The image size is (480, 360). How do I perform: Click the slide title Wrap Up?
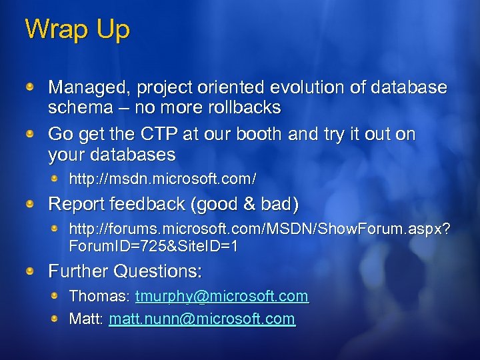tap(77, 30)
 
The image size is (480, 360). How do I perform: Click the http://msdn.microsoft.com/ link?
tap(163, 179)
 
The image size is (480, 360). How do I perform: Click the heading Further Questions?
tap(125, 271)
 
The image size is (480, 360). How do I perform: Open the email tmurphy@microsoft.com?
tap(221, 295)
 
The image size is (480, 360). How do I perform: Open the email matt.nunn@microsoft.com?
tap(201, 319)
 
